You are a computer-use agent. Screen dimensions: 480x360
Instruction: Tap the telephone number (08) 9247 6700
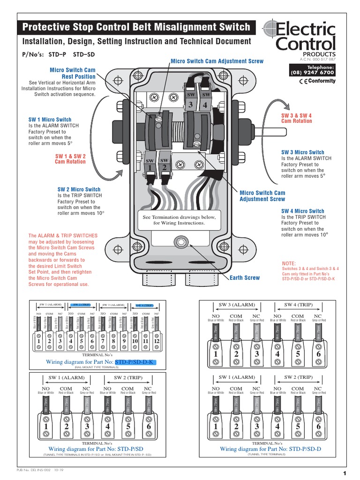314,73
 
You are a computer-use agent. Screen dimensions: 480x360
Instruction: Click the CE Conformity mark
317,81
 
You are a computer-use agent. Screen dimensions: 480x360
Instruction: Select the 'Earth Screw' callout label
244,278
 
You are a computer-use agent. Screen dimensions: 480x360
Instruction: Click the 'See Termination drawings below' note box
179,220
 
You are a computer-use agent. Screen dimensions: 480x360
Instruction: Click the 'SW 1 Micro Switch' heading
50,120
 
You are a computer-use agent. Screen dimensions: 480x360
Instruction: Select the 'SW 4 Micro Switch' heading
302,211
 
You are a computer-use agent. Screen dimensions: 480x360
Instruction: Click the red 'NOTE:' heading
289,263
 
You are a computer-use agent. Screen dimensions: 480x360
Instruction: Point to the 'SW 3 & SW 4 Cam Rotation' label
296,118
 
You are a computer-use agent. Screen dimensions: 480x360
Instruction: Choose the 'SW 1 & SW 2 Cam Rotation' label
70,158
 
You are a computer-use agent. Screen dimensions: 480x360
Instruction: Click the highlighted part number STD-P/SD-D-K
135,362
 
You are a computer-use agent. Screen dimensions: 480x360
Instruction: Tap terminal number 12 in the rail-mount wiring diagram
156,342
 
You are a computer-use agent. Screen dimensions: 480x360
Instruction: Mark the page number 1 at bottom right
344,472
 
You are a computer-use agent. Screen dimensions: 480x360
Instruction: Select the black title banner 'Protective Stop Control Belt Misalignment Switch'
136,27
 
